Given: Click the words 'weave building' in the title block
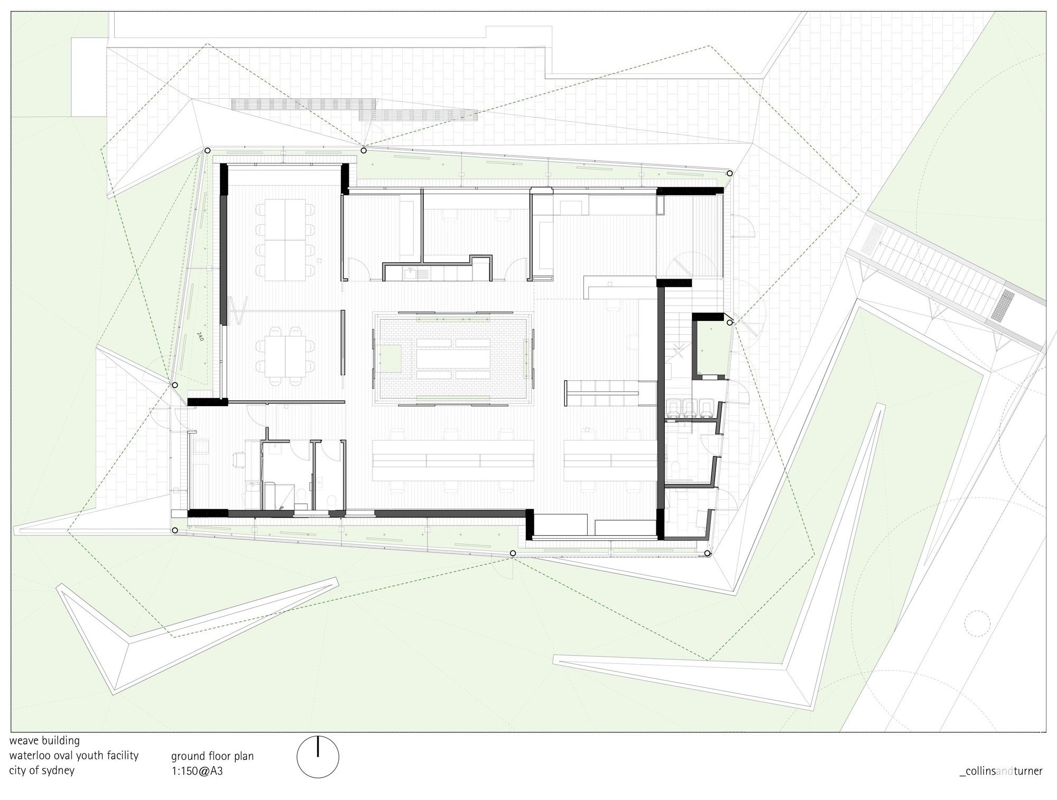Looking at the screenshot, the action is [44, 741].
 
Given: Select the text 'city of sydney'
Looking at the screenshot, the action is [42, 770].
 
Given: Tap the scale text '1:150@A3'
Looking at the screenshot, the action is [197, 771].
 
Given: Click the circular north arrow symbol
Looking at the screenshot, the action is [318, 757].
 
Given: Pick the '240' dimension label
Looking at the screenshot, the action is [200, 336].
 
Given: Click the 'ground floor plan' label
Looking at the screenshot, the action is [212, 756].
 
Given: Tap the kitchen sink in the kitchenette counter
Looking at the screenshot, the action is [411, 273].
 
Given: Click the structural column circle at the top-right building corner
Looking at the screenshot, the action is [729, 173].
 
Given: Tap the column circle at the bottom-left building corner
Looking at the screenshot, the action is [175, 530].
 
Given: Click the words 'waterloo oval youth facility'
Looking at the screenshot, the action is [74, 756].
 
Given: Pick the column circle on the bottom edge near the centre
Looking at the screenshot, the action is [513, 553].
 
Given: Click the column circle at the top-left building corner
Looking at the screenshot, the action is [207, 150].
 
